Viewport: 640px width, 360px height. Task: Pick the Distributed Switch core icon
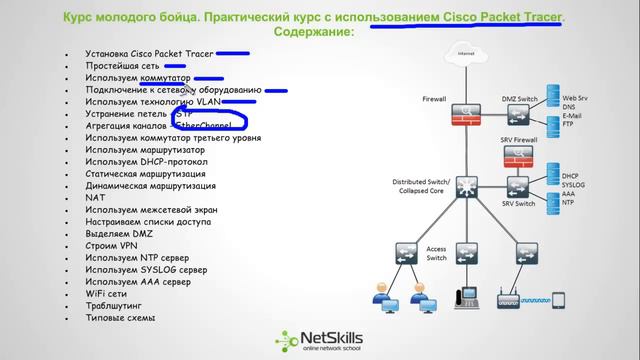click(464, 188)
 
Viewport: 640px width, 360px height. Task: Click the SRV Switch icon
click(518, 186)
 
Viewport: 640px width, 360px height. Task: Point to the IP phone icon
click(465, 297)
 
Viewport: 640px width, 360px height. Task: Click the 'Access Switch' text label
click(437, 252)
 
